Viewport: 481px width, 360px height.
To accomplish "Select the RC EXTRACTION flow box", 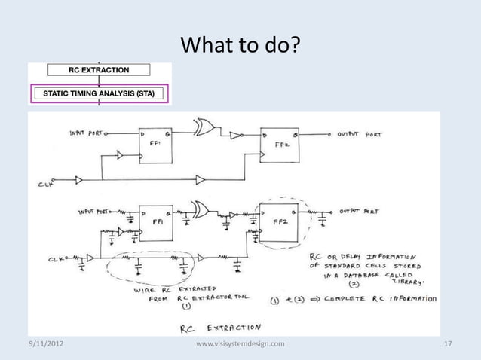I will [x=98, y=70].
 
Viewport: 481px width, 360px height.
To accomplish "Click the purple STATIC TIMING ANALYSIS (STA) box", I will [x=98, y=94].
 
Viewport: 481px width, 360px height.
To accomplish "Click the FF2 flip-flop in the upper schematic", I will [x=279, y=146].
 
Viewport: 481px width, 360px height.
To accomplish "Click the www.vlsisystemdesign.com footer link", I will [x=240, y=344].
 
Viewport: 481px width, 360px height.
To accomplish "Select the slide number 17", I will [x=448, y=344].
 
